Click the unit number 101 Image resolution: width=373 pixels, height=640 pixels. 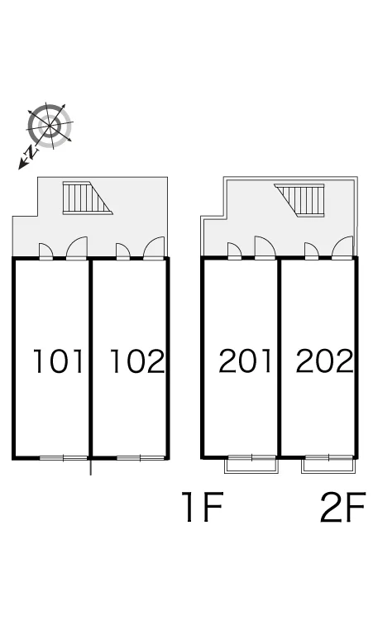59,361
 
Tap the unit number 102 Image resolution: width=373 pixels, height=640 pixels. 137,361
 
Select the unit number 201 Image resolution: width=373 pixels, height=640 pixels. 246,361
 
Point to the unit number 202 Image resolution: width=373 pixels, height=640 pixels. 324,361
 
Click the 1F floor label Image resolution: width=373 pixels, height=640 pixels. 203,507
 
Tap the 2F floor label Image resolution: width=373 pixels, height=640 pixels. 342,507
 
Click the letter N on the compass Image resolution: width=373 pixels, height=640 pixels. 31,152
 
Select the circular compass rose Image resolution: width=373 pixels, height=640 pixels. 50,126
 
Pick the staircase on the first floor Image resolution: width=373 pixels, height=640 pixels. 88,198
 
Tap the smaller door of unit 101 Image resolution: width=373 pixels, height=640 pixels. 45,251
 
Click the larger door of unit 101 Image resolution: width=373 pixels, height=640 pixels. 77,248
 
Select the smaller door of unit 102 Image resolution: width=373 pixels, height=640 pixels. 123,251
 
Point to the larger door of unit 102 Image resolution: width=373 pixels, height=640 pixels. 155,248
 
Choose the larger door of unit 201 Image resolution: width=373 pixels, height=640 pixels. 265,248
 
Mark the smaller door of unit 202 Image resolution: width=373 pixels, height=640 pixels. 311,251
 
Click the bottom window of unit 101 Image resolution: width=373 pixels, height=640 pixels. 64,458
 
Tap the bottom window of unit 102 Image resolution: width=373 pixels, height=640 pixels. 141,458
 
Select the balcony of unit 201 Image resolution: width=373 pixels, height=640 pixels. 251,465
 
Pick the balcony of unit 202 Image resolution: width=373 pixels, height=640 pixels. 328,465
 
